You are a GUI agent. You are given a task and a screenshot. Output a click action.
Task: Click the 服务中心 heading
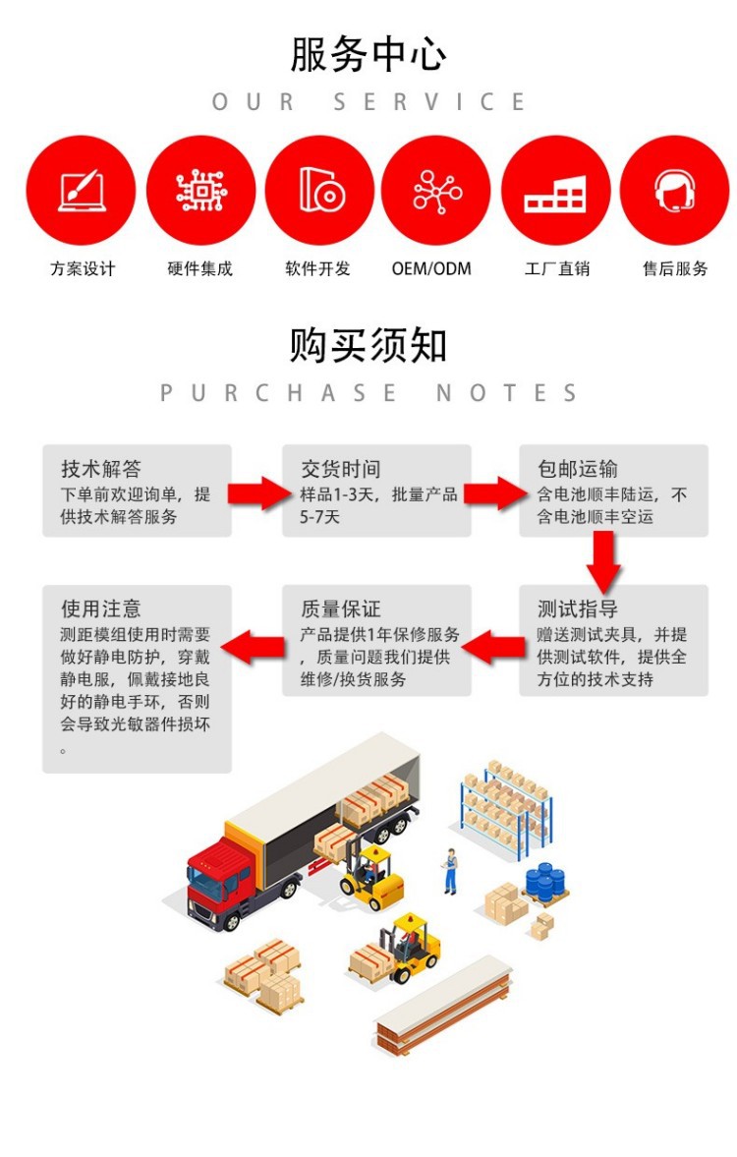tap(368, 55)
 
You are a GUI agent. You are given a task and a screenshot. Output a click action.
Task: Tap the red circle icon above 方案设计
tap(81, 190)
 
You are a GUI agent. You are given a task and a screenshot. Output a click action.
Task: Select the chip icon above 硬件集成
tap(200, 190)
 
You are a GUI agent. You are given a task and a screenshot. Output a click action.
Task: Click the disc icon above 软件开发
tap(319, 190)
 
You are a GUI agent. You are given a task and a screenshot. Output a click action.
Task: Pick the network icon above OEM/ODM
tap(435, 190)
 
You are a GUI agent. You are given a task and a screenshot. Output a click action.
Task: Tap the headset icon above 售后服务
tap(674, 190)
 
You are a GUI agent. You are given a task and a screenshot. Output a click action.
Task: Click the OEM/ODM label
tap(431, 268)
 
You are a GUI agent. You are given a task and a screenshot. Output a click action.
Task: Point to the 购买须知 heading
tap(368, 345)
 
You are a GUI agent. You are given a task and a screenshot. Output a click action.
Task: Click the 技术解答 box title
tap(101, 469)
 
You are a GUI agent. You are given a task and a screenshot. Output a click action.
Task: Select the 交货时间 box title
tap(340, 469)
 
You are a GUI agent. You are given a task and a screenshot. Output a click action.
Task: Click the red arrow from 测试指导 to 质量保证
tap(494, 646)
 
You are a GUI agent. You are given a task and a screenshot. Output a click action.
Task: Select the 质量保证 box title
tap(340, 609)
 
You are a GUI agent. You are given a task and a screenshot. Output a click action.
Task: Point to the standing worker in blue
tap(450, 871)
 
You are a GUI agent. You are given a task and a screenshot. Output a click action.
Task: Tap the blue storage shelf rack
tap(507, 806)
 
